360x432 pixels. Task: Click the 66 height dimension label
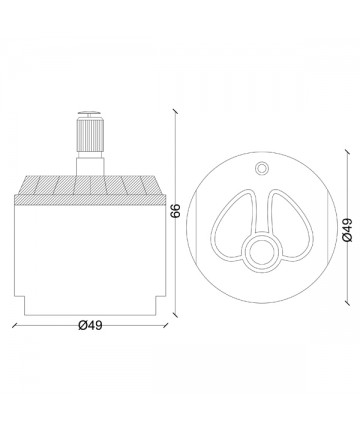pyautogui.click(x=175, y=211)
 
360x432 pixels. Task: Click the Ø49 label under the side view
pyautogui.click(x=90, y=325)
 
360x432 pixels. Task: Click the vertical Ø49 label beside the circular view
pyautogui.click(x=347, y=230)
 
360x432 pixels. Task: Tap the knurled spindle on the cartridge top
pyautogui.click(x=90, y=135)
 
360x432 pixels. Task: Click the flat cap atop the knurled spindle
pyautogui.click(x=90, y=114)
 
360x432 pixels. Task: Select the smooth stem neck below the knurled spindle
pyautogui.click(x=90, y=164)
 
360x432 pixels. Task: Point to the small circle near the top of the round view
pyautogui.click(x=261, y=168)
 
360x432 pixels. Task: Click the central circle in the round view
pyautogui.click(x=261, y=251)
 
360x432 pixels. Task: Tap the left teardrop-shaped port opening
pyautogui.click(x=218, y=233)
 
